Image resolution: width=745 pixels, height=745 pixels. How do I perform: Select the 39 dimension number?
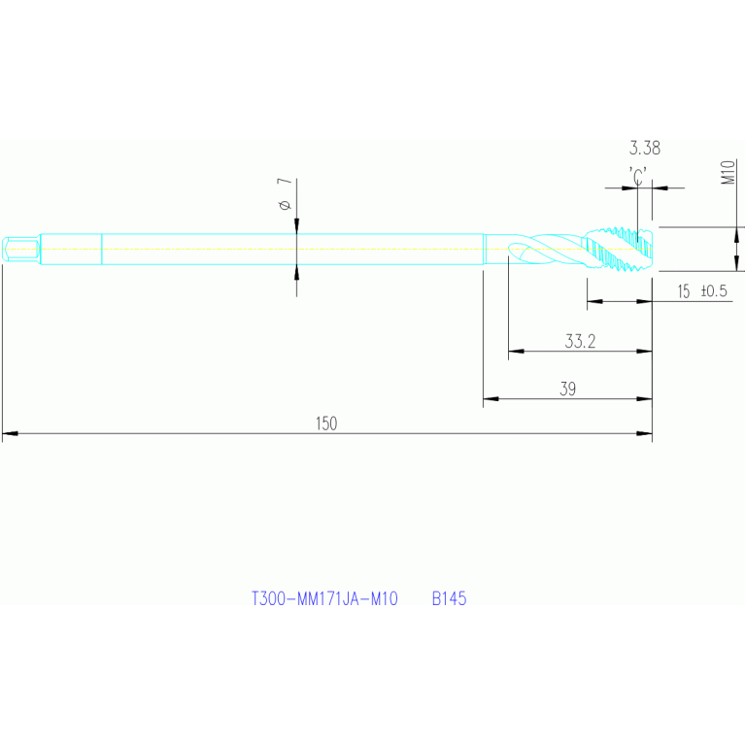click(x=568, y=389)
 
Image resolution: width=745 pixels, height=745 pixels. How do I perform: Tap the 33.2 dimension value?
click(x=580, y=341)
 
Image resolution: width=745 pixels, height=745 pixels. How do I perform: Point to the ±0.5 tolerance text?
click(x=714, y=291)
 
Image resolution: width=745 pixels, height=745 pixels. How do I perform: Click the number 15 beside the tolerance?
click(x=684, y=291)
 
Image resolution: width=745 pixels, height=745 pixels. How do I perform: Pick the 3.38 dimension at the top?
click(x=645, y=149)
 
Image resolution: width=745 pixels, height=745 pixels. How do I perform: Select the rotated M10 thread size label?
click(x=727, y=174)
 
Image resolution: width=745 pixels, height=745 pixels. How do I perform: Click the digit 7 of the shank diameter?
click(x=284, y=183)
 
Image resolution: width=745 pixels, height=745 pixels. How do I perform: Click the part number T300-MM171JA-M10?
click(x=324, y=599)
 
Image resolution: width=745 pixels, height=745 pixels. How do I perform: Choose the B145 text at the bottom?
click(x=450, y=599)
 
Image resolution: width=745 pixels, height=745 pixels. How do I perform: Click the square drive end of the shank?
click(x=19, y=249)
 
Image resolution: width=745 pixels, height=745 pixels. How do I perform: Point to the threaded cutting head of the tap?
click(x=618, y=250)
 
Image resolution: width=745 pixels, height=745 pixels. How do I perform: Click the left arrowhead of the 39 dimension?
click(x=491, y=398)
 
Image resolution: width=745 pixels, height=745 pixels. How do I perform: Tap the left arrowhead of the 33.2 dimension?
click(x=516, y=351)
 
